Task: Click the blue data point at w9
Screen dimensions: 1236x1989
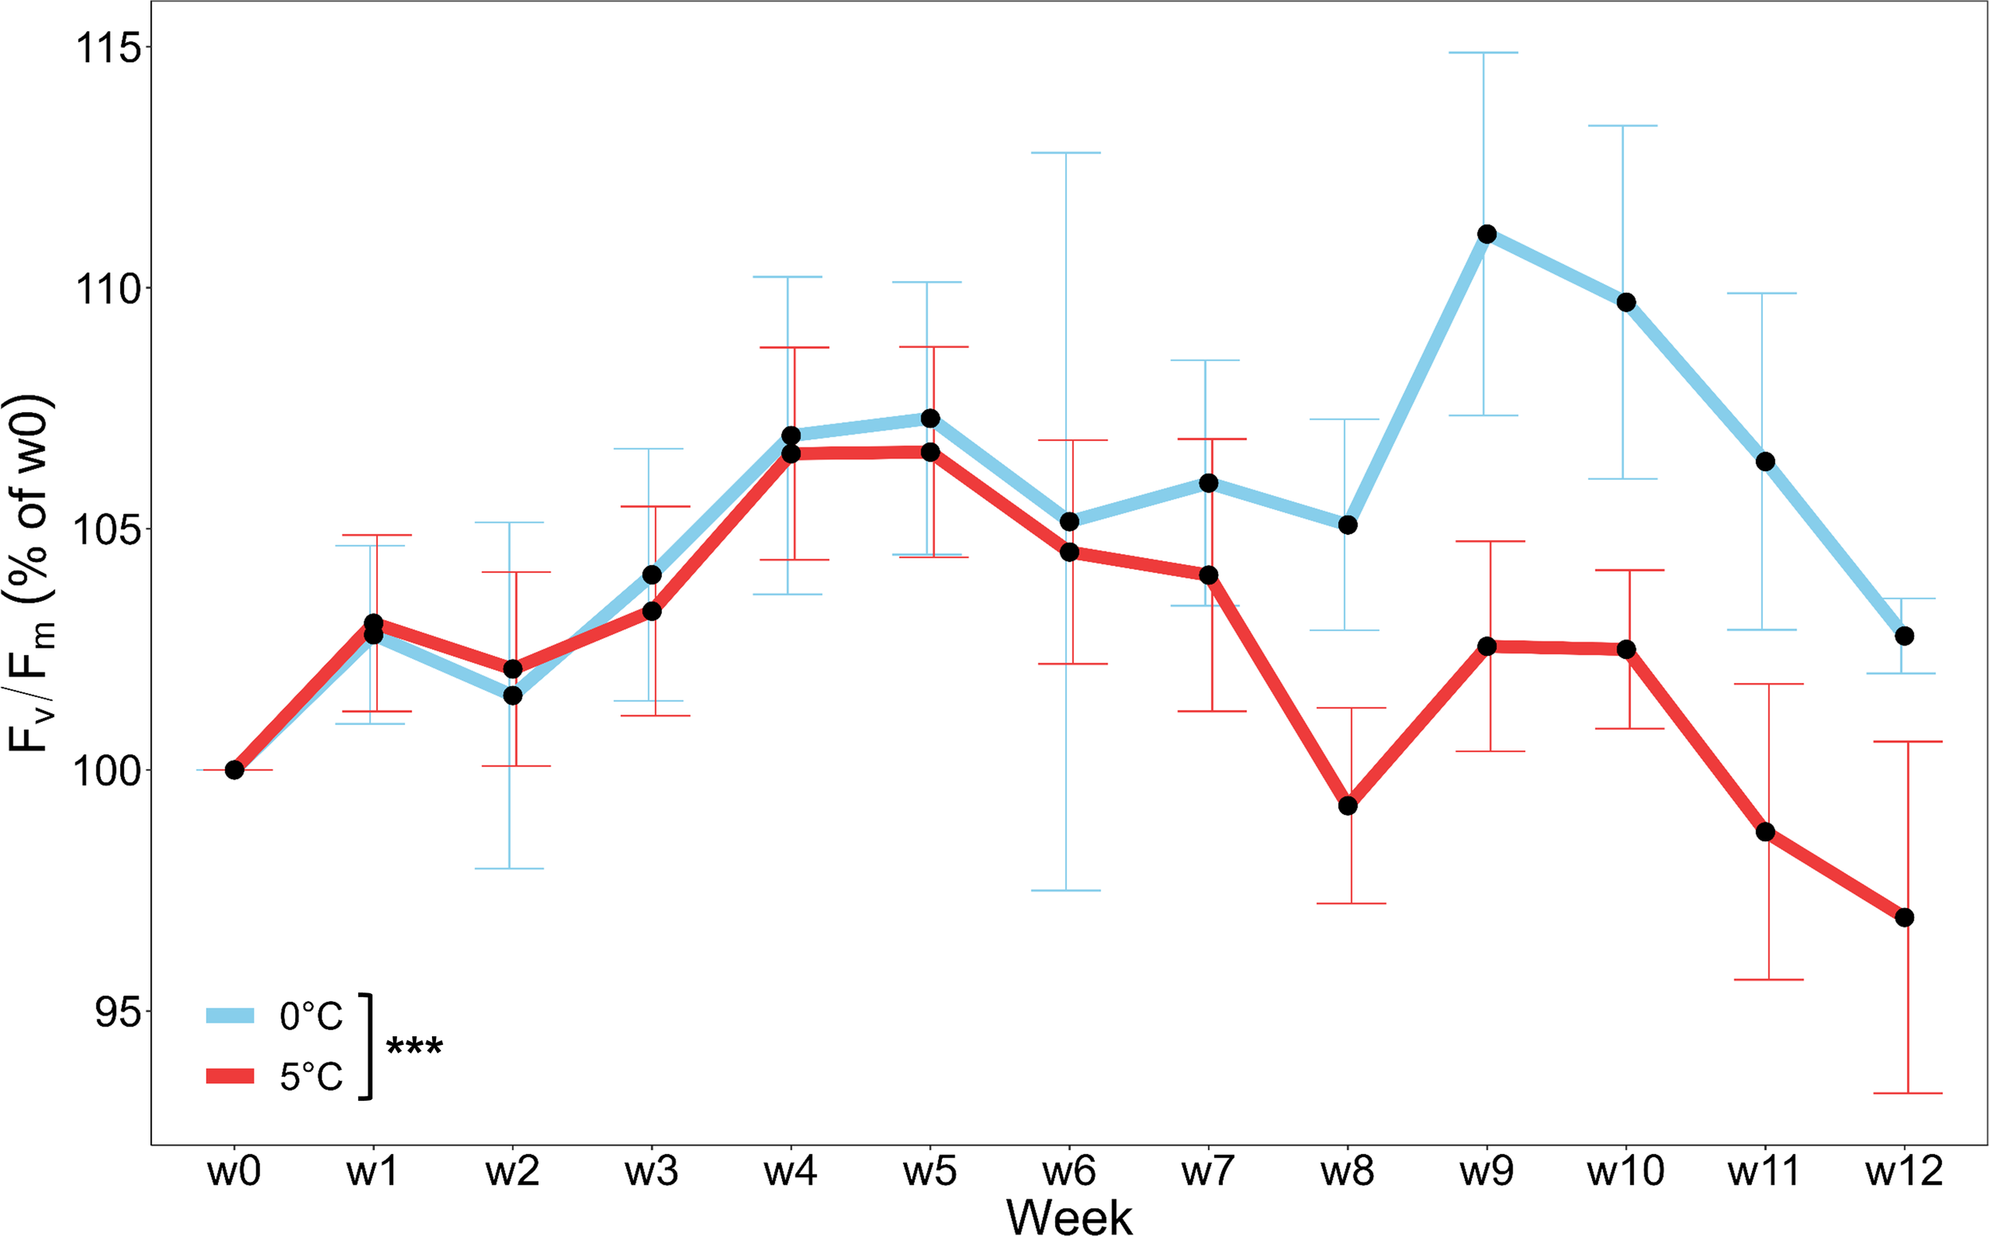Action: (1487, 235)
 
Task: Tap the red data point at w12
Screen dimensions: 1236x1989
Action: (1904, 918)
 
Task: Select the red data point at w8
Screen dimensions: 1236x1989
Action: (1349, 806)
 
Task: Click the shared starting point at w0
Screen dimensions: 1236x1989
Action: (235, 770)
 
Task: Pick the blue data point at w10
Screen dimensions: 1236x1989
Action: (1626, 302)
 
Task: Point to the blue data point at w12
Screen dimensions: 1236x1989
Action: (1904, 636)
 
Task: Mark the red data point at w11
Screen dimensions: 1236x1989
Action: (1765, 832)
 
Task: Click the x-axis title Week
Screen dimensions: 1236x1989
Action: (1068, 1217)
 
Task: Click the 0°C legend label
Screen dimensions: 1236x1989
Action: (311, 1016)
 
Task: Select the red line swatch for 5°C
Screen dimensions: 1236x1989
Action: (230, 1076)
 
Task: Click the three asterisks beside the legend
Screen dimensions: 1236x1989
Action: (415, 1047)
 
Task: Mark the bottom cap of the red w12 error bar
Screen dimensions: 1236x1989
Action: (1907, 1093)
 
